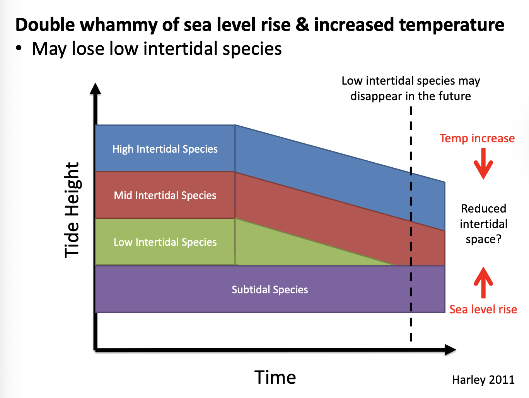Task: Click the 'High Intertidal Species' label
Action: [165, 149]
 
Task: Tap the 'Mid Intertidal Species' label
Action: [165, 196]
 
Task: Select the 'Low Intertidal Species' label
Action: [165, 242]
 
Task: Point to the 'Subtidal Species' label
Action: [270, 290]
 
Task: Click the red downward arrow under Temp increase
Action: [483, 164]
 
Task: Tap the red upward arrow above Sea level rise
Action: [483, 282]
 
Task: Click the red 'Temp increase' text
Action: [477, 138]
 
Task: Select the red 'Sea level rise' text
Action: [483, 310]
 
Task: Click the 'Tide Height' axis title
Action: [72, 209]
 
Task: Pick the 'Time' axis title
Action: [275, 378]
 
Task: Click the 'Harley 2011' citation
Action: [483, 380]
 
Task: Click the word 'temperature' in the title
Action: [451, 25]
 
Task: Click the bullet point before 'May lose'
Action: [19, 49]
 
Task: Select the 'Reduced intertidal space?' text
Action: [483, 224]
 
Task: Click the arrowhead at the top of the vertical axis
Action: [95, 89]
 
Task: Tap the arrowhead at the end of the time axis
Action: [450, 350]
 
